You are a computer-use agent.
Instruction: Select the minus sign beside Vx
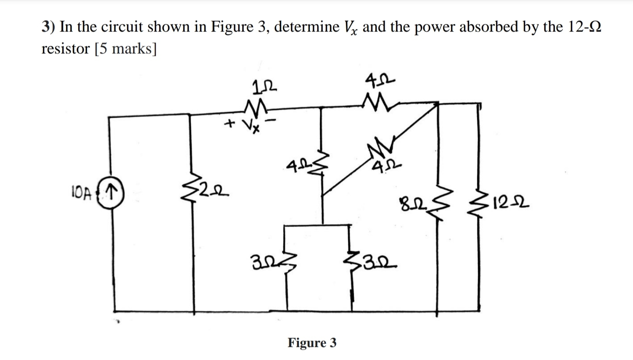[x=272, y=121]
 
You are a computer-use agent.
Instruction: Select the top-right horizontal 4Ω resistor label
[x=380, y=79]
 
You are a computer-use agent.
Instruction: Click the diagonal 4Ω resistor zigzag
[x=378, y=148]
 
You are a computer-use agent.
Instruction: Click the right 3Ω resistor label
[x=377, y=266]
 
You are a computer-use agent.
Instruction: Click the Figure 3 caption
[x=312, y=343]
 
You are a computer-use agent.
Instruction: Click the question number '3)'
[x=49, y=27]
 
